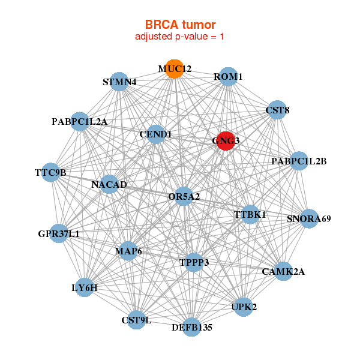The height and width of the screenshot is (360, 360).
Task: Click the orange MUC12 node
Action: pos(175,69)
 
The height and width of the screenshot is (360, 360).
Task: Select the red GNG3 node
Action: pos(226,141)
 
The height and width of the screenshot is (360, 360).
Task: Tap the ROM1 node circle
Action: pos(228,77)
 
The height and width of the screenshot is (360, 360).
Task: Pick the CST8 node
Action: pos(277,110)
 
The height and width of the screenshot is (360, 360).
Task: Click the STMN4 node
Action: pos(119,82)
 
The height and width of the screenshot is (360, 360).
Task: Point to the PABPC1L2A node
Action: pos(80,122)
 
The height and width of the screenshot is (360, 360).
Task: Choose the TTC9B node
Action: pos(51,173)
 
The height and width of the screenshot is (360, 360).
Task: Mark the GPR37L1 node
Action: pos(59,233)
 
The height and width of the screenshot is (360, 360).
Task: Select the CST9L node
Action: pos(137,320)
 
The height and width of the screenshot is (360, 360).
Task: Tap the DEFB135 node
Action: pos(191,327)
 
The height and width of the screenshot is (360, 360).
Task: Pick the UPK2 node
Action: pos(244,307)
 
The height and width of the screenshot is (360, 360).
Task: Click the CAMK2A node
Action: pos(283,271)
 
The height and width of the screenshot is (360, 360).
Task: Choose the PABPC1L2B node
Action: pos(299,161)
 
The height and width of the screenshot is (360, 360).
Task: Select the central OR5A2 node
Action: pos(184,196)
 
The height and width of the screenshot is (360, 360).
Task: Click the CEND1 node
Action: pos(155,134)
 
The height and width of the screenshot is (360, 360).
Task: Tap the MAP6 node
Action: pos(128,251)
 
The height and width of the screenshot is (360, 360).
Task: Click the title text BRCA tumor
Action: pos(180,25)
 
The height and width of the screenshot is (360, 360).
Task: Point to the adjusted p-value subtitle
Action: pos(180,37)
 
